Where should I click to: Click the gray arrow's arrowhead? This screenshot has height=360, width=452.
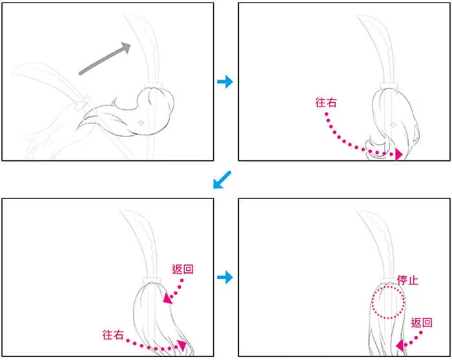coord(127,47)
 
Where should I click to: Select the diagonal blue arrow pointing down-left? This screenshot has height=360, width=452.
coord(222,180)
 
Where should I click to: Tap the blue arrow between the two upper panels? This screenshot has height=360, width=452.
coord(225,81)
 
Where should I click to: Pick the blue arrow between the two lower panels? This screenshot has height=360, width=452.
coord(225,277)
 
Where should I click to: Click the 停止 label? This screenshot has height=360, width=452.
coord(407,280)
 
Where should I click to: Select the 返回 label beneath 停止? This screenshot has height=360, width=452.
coord(422,323)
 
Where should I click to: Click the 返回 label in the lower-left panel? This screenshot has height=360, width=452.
coord(183,269)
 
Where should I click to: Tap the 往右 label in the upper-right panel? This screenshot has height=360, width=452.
coord(325,102)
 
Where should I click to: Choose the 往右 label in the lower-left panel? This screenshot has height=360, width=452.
coord(113,335)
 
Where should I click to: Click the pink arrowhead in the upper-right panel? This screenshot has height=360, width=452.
coord(398,154)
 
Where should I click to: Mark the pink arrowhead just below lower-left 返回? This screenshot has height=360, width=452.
coord(167,299)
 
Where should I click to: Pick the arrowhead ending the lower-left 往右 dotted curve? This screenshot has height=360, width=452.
coord(182,344)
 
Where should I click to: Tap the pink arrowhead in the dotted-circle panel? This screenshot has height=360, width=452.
coord(400,346)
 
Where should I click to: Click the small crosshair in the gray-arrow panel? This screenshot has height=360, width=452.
coord(141,123)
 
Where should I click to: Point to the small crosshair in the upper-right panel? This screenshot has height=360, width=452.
coord(393,125)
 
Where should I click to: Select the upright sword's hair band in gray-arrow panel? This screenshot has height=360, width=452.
coord(154,85)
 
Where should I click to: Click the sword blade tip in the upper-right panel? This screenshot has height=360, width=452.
coord(358,16)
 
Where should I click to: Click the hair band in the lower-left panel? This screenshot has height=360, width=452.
coord(152,281)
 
